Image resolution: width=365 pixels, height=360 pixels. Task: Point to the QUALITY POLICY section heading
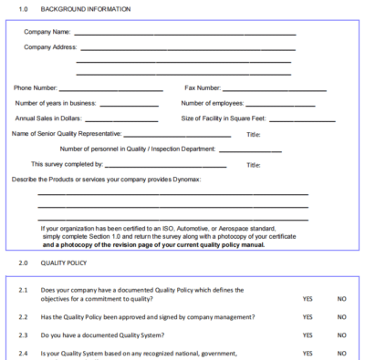tap(64, 262)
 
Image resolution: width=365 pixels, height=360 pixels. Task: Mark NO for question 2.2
tap(341, 317)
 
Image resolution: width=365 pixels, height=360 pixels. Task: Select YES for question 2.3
tap(308, 335)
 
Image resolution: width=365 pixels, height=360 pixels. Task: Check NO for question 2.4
tap(341, 353)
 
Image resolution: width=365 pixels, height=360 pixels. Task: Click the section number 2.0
tap(24, 262)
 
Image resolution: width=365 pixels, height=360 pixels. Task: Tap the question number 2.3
tap(24, 335)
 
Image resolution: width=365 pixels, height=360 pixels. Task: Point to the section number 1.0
tap(24, 9)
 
